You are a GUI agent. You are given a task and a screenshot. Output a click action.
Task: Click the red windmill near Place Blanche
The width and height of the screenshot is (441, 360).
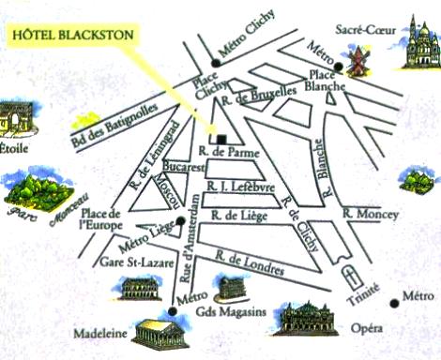pos(356,62)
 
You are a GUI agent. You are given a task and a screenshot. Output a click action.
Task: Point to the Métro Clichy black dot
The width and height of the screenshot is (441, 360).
pos(215,64)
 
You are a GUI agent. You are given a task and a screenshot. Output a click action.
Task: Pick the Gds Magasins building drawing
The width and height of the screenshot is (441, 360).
pos(231,287)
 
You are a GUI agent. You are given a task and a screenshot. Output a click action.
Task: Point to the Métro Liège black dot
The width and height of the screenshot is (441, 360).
pos(181,221)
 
